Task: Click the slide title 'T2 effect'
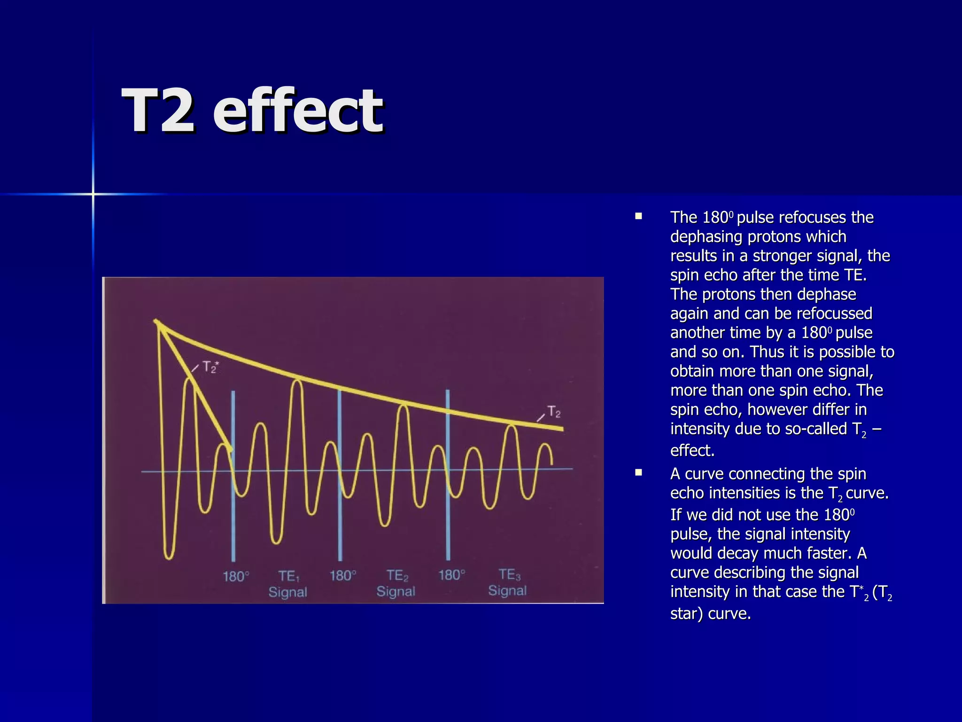[x=252, y=111]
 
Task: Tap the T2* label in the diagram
[x=210, y=367]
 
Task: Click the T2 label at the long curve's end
[x=554, y=412]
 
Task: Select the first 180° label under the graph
[x=235, y=576]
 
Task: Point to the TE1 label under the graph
[x=288, y=576]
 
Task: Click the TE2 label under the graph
[x=397, y=575]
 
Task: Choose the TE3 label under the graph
[x=509, y=574]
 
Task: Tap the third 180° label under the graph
[x=451, y=575]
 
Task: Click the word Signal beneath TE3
[x=507, y=591]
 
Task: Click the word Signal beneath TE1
[x=287, y=592]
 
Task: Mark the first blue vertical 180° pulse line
[x=233, y=475]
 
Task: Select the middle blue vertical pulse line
[x=340, y=475]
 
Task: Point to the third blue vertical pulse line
[x=448, y=475]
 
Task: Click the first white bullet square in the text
[x=638, y=217]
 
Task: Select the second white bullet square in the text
[x=638, y=473]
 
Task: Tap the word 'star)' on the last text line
[x=686, y=614]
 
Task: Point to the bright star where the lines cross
[x=93, y=194]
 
